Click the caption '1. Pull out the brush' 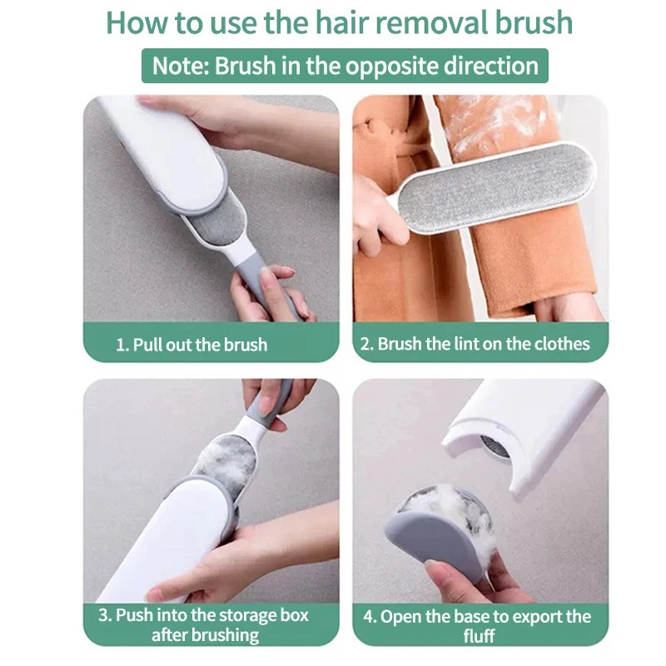tap(191, 344)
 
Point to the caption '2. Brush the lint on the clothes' tap(475, 344)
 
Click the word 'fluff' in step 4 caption tap(480, 635)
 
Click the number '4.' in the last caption tap(369, 616)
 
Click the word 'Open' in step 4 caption tap(402, 616)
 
